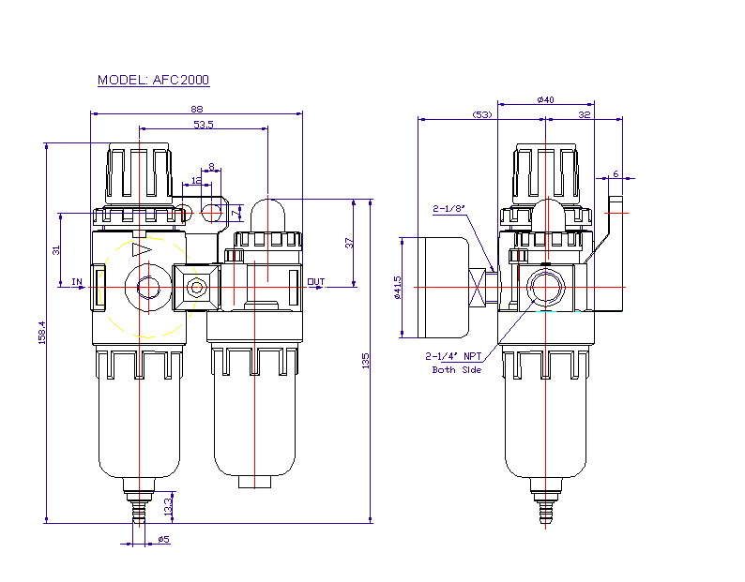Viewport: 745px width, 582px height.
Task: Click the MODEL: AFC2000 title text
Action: tap(154, 81)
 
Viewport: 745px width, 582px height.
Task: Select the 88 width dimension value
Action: tap(196, 110)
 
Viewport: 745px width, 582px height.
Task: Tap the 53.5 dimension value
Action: tap(203, 124)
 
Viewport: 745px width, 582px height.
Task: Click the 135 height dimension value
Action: tap(367, 360)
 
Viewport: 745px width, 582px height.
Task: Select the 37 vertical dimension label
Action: tap(349, 242)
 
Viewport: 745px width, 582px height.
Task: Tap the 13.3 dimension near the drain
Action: tap(168, 507)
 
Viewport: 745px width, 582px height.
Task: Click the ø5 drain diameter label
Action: tap(162, 540)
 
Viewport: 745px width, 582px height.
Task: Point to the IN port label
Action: tap(77, 281)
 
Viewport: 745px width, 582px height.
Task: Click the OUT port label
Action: tap(315, 281)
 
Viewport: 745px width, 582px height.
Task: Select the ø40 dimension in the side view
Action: tap(545, 99)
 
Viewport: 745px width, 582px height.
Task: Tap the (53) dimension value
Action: tap(482, 114)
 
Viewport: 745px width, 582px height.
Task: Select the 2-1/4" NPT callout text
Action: tap(453, 356)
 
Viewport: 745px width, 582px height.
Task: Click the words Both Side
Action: tap(456, 370)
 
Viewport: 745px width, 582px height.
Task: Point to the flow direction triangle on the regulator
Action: tap(142, 250)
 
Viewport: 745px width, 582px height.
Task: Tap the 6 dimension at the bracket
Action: tap(616, 173)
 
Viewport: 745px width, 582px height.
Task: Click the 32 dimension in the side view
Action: tap(585, 114)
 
